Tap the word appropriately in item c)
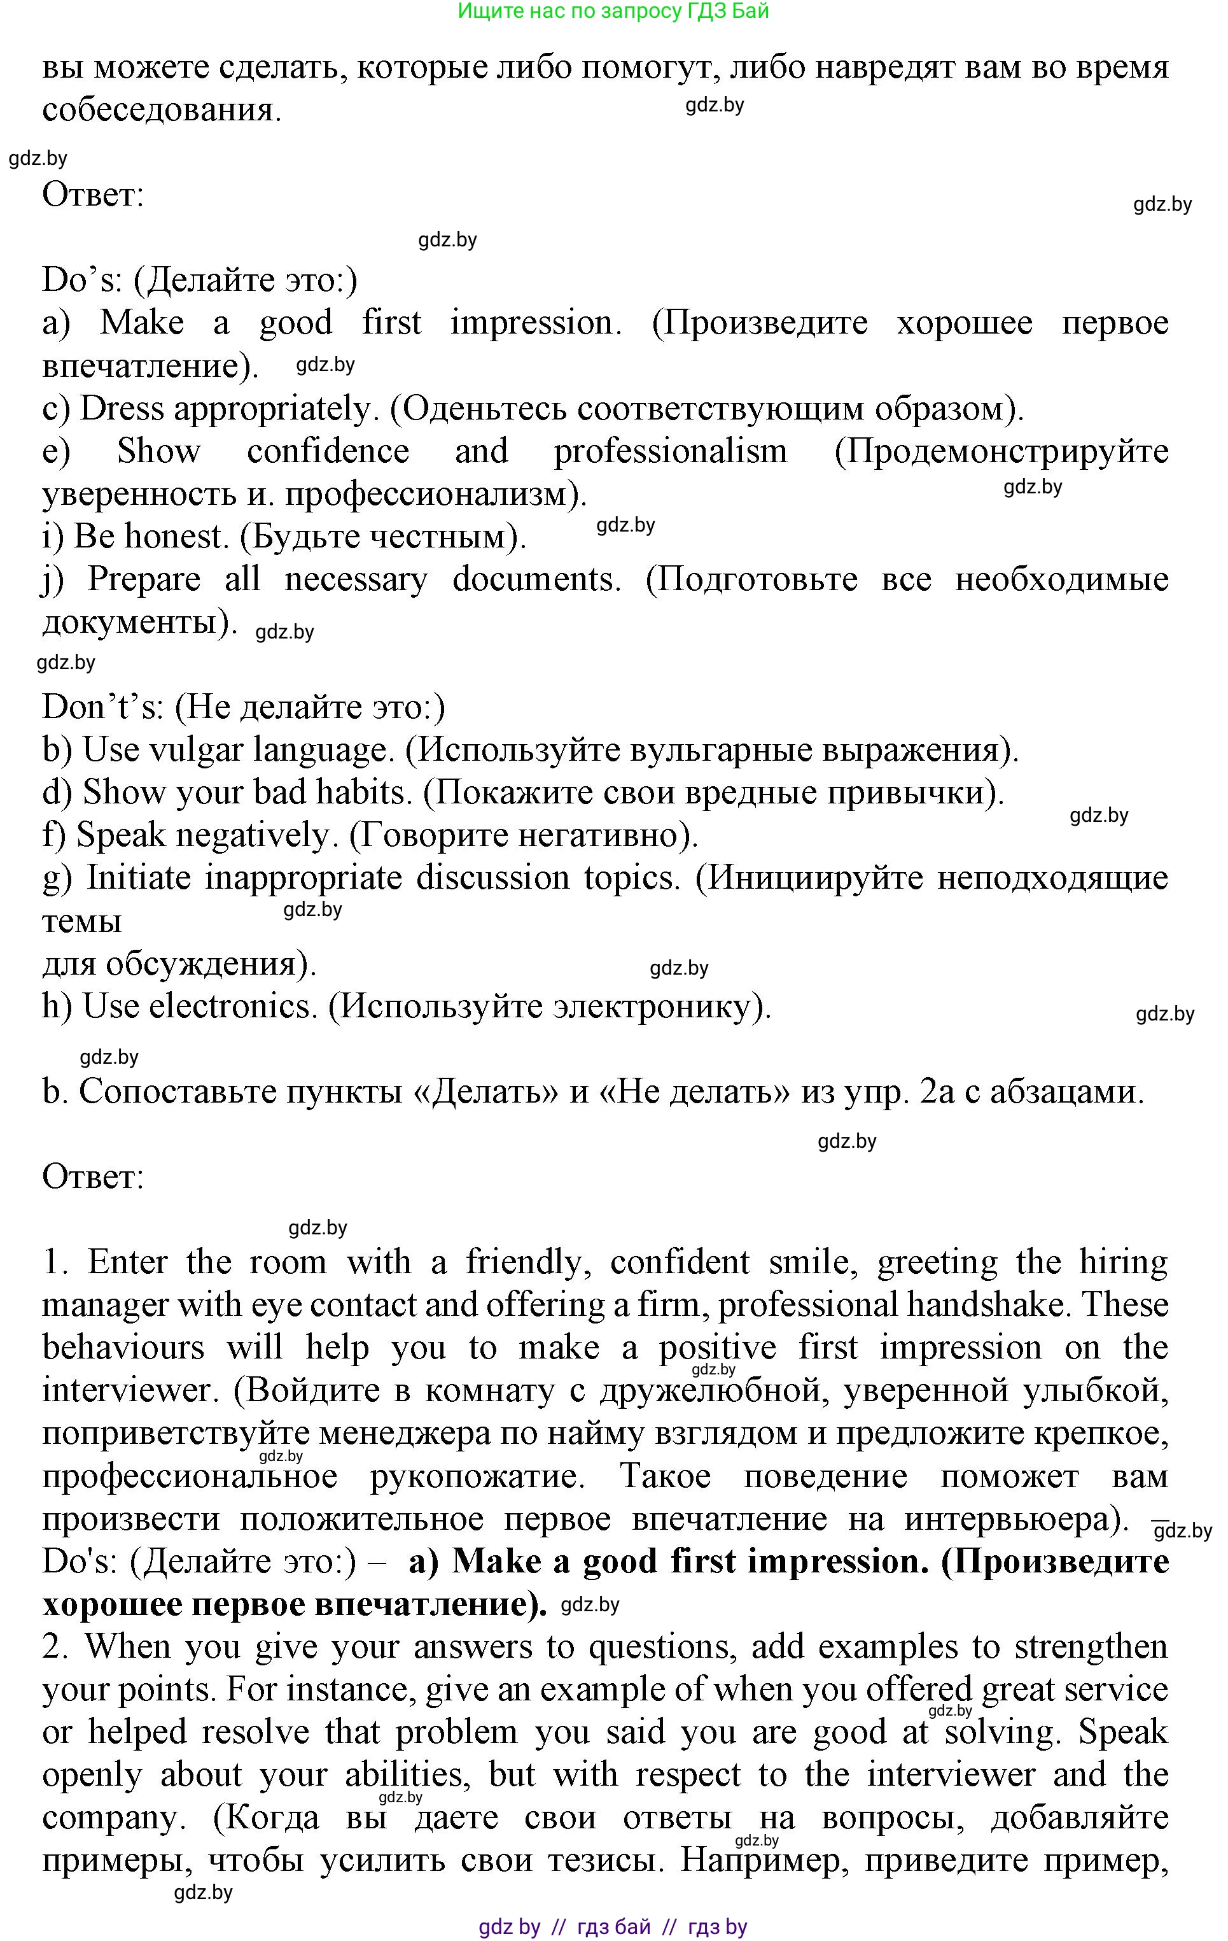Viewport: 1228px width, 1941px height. pos(271,409)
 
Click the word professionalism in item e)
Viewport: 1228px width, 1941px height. pos(671,451)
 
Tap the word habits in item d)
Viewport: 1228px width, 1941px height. pos(363,793)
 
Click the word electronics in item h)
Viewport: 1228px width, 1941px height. pos(234,1006)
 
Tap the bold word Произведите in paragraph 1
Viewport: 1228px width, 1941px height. pos(1055,1562)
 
